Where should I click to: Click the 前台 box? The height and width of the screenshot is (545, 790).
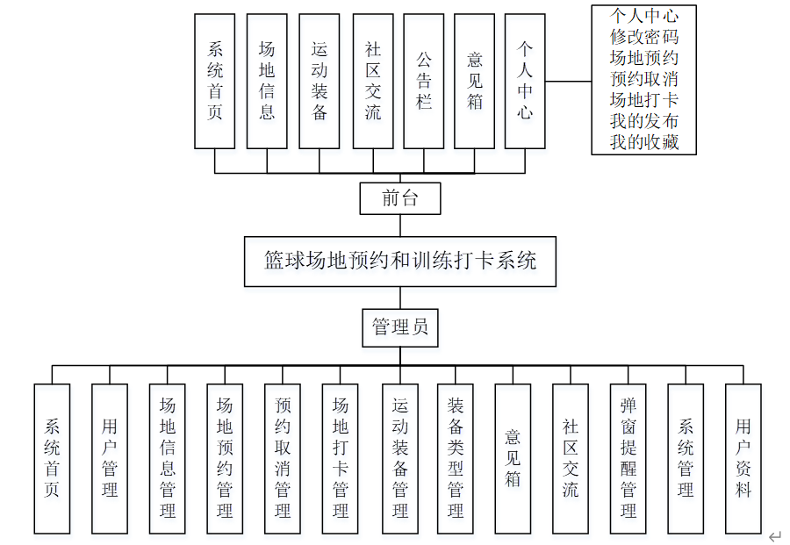click(399, 198)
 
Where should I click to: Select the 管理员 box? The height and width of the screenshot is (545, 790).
click(399, 327)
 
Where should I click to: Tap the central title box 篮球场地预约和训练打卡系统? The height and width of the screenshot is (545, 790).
click(399, 261)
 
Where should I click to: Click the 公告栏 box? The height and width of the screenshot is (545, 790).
click(424, 81)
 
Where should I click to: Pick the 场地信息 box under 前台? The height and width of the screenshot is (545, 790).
click(267, 81)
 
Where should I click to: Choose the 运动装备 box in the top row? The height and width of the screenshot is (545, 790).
click(319, 81)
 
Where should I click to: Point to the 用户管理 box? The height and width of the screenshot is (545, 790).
click(110, 458)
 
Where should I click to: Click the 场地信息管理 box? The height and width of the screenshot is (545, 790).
click(167, 458)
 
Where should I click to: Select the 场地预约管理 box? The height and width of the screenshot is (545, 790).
click(225, 458)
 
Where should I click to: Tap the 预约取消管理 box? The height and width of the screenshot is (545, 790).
click(283, 458)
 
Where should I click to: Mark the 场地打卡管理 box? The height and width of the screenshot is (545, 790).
click(341, 458)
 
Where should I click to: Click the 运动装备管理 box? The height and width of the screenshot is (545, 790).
click(399, 458)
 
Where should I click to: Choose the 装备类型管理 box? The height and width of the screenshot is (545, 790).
click(456, 458)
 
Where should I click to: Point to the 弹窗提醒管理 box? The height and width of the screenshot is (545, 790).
click(628, 458)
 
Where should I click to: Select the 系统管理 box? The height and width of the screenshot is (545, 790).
click(686, 458)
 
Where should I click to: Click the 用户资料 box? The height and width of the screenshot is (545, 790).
click(743, 458)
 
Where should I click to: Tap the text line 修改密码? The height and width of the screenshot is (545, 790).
click(644, 37)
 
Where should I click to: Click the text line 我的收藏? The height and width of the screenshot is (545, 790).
click(644, 142)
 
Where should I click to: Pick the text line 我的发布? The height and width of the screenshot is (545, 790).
click(644, 121)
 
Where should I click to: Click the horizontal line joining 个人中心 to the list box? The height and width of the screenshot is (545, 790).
click(568, 82)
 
